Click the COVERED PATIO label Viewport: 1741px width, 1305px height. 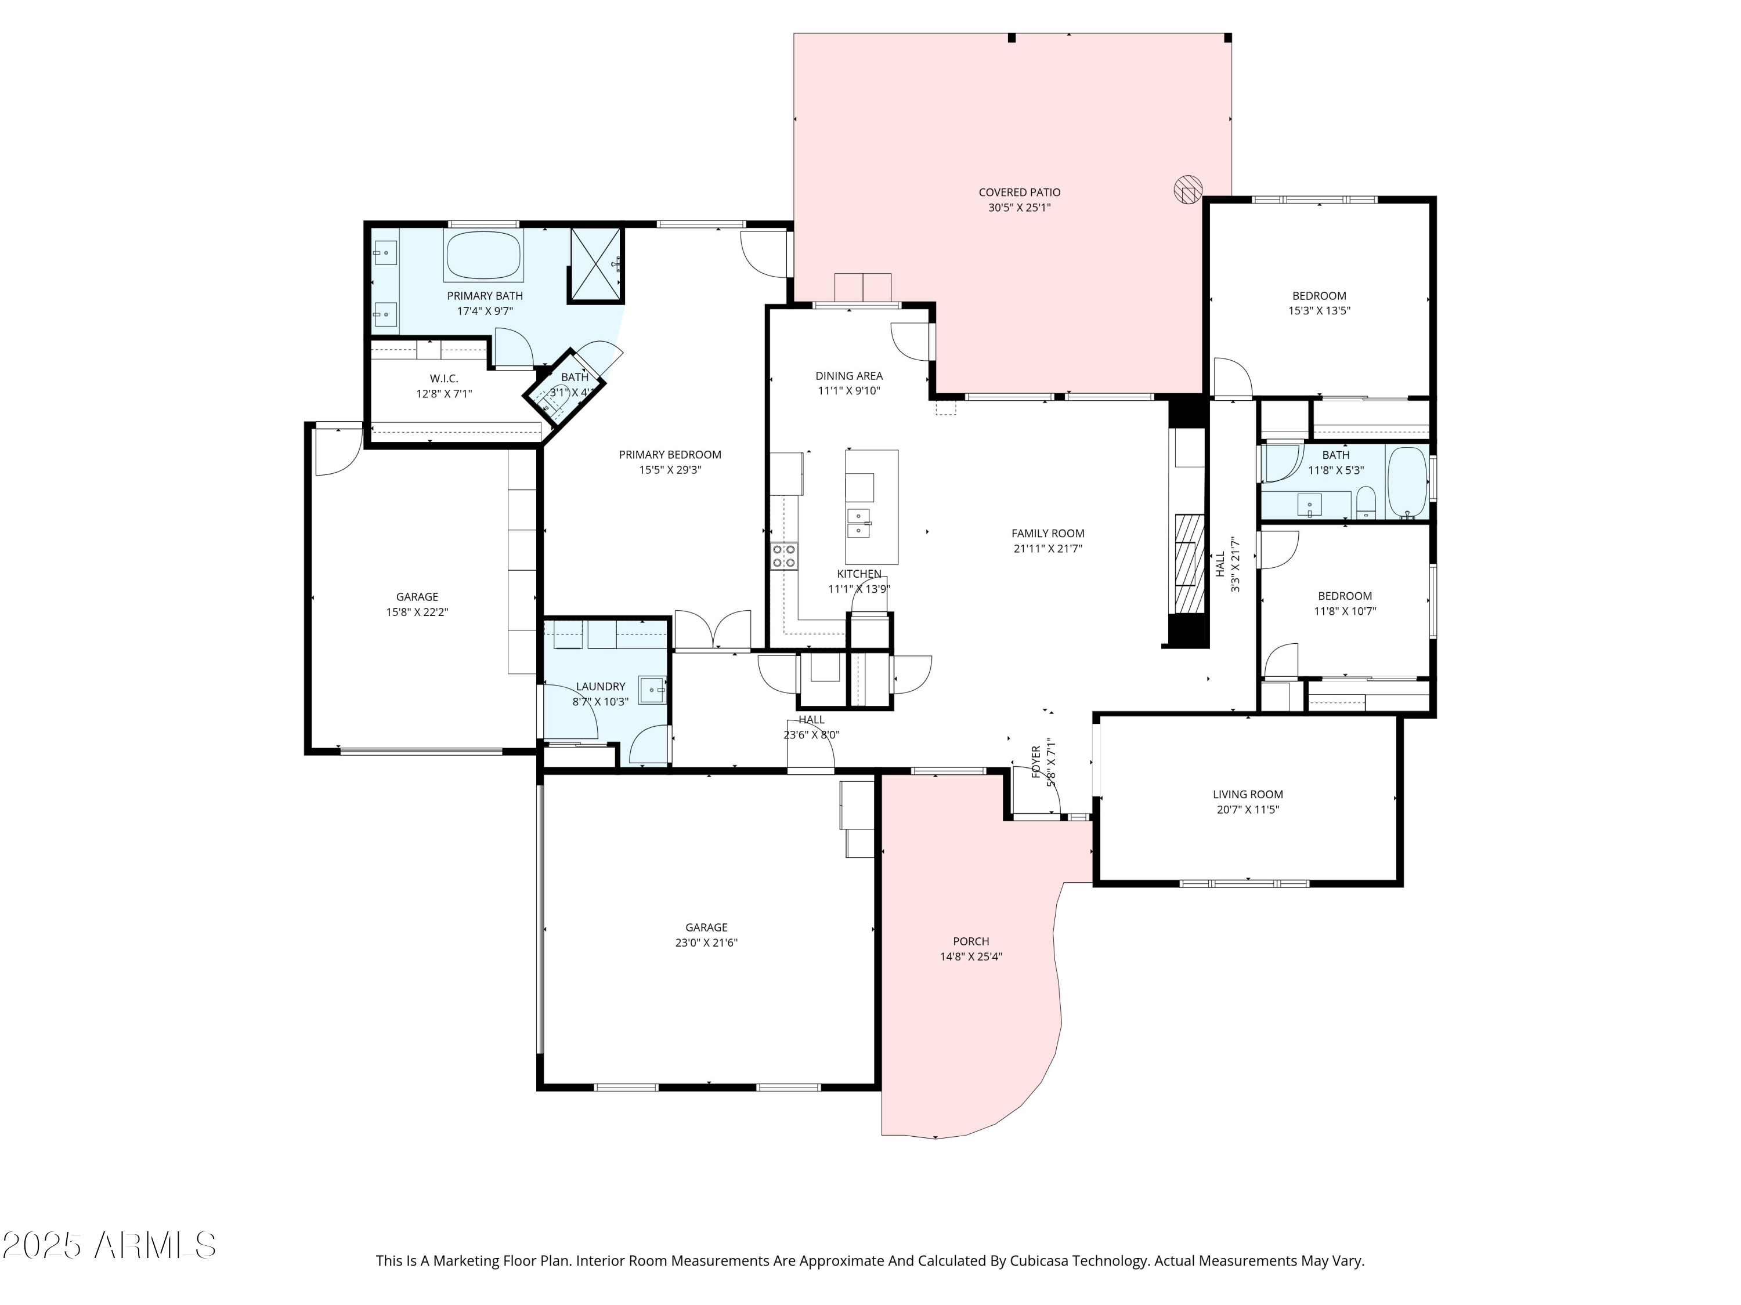(1019, 192)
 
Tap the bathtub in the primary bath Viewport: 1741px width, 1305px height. (484, 254)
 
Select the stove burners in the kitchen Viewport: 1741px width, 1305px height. (784, 556)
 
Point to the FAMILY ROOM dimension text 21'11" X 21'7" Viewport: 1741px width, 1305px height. (1048, 548)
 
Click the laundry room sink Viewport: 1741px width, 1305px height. (652, 690)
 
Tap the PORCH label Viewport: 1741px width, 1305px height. (970, 941)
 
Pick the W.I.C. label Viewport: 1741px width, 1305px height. (444, 378)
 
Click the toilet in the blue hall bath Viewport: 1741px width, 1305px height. (1366, 503)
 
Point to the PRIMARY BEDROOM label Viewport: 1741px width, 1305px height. (670, 455)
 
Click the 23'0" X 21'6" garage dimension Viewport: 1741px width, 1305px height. (706, 942)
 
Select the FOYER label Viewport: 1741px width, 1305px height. (1036, 762)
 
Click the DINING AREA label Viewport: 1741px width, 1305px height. (848, 376)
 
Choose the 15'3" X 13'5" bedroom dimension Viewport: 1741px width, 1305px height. (1319, 311)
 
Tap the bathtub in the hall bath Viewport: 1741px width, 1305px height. (1407, 483)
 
